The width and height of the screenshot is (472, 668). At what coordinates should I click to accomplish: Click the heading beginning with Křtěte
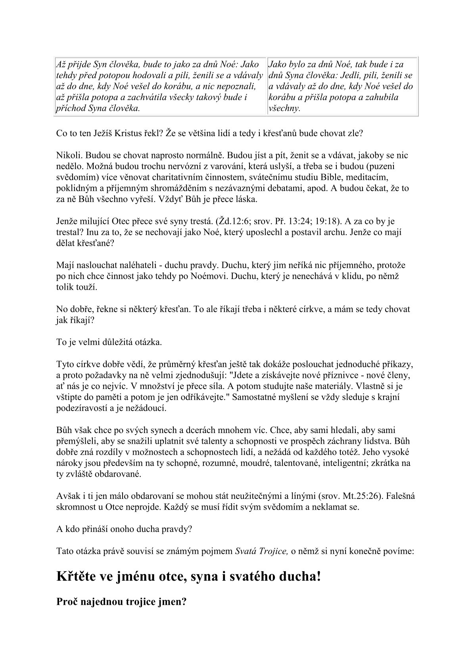188,577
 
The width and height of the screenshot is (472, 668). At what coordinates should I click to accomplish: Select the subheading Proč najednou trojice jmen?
122,601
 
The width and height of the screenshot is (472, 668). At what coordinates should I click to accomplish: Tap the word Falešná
401,496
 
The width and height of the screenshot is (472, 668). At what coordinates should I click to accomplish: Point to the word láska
246,199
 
